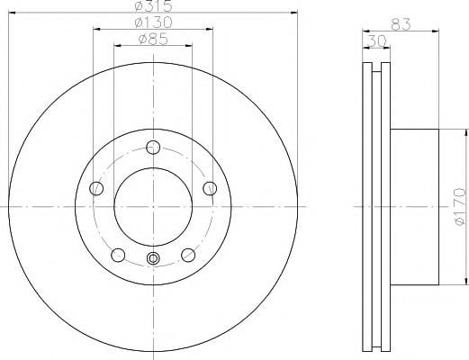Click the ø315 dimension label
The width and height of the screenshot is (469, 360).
coord(153,5)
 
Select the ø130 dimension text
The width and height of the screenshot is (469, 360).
coord(153,22)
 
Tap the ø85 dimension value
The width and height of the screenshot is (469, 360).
coord(153,39)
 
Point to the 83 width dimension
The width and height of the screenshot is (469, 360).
coord(401,24)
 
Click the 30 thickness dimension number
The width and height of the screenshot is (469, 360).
coord(376,41)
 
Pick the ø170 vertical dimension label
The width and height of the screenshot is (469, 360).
coord(460,207)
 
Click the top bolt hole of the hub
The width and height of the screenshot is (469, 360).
coord(153,148)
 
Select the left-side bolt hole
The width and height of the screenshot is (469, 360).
coord(96,188)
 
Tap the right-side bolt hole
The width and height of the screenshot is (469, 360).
coord(210,188)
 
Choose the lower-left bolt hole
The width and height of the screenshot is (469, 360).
coord(118,255)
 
